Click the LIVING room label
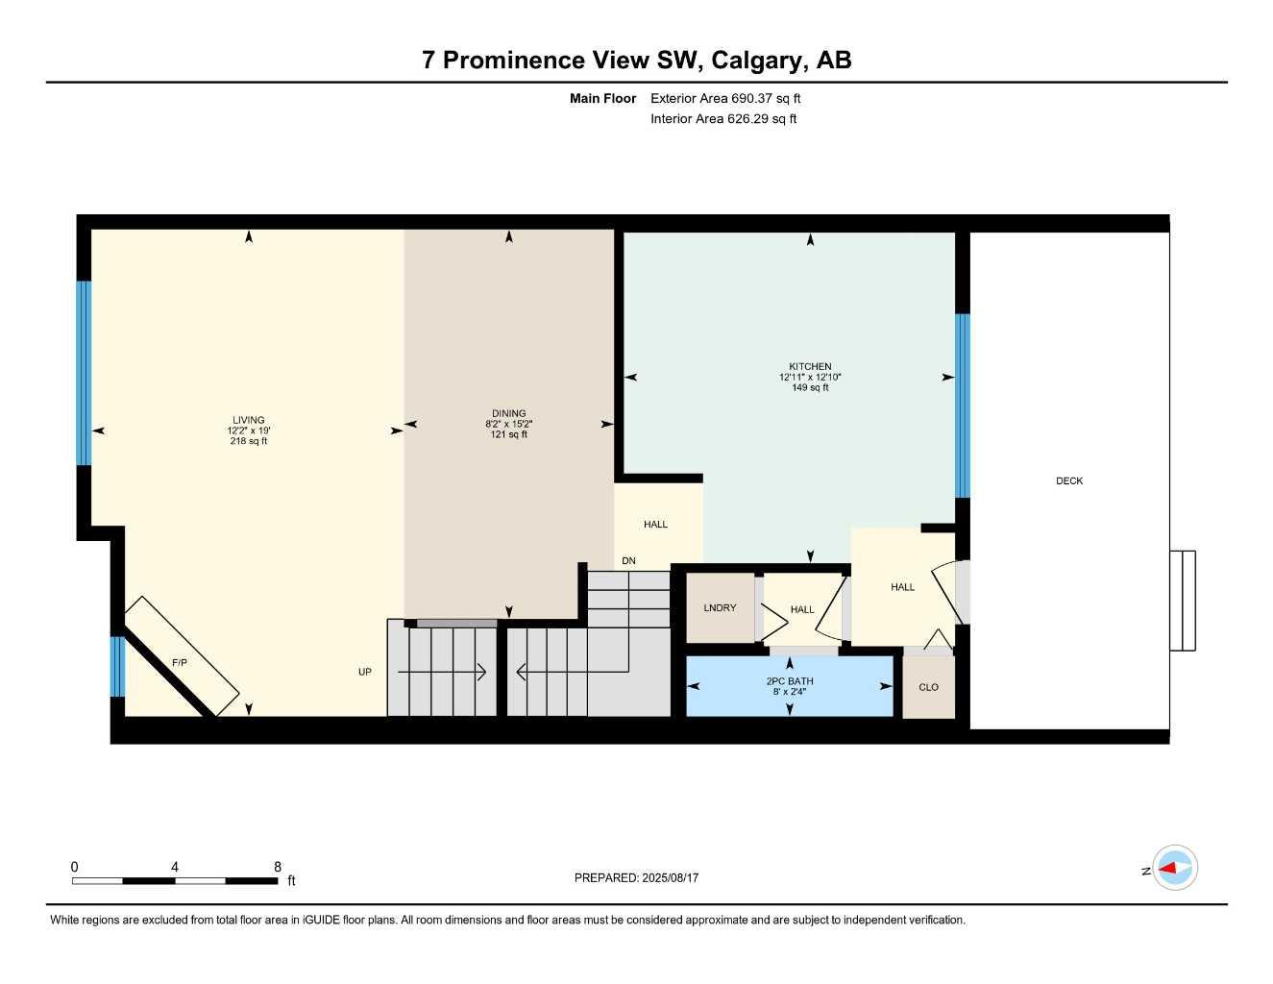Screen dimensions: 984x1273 (248, 420)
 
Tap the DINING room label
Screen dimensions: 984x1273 (508, 414)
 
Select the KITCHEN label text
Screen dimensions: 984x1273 (810, 366)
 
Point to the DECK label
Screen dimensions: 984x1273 (1069, 481)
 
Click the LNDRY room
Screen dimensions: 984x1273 (720, 608)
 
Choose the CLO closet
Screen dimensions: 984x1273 (928, 687)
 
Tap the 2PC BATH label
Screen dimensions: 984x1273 (790, 681)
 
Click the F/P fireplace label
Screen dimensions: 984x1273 (180, 663)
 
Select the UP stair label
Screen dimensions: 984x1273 (365, 672)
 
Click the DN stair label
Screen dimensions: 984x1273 (628, 560)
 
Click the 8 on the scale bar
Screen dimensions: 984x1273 (278, 867)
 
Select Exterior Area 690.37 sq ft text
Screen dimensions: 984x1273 (725, 98)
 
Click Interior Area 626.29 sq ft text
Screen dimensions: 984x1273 (723, 119)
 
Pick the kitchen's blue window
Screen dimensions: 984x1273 (962, 406)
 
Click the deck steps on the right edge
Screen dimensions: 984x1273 (1183, 601)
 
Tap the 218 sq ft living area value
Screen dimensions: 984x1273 (248, 442)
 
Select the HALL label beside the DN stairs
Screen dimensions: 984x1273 (656, 525)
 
